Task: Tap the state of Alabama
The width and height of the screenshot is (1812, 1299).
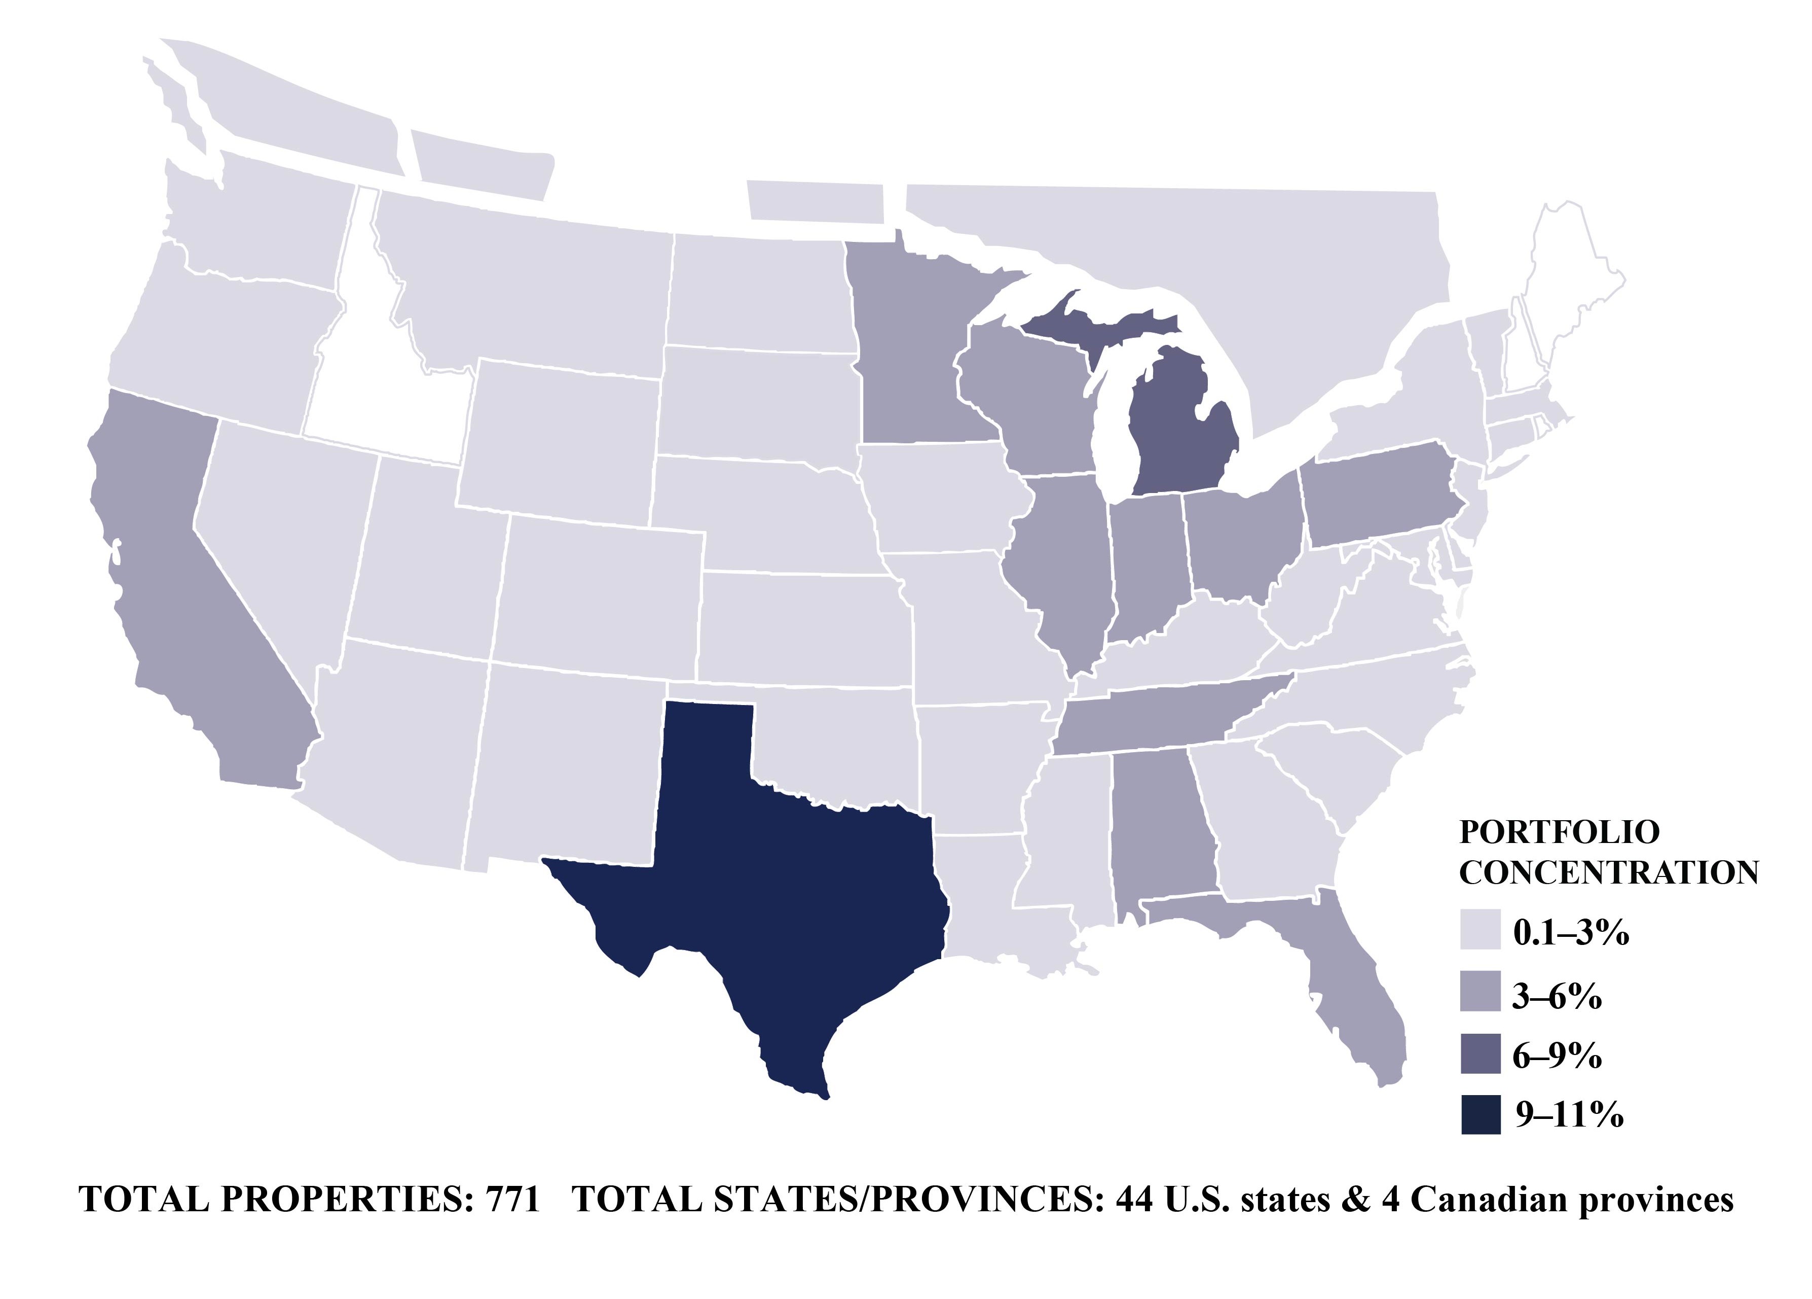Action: point(1159,831)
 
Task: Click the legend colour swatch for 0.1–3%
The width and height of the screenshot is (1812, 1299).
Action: point(1481,930)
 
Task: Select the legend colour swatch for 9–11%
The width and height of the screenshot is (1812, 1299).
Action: point(1481,1115)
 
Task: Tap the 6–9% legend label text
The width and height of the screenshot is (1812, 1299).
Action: point(1557,1056)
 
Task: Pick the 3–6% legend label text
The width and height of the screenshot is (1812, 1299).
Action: point(1557,996)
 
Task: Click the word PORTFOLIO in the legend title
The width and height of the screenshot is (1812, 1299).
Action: point(1559,832)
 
